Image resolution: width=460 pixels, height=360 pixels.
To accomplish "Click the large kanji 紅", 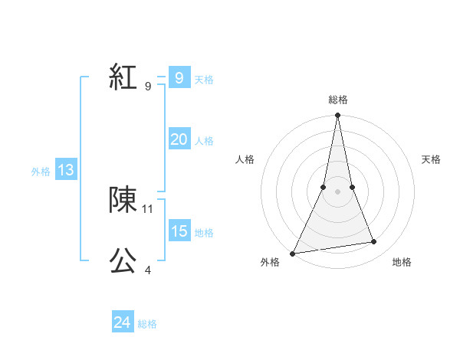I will coord(123,77).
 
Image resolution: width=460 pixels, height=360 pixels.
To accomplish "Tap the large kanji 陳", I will coord(123,200).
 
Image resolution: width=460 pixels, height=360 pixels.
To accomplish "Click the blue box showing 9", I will coord(179,78).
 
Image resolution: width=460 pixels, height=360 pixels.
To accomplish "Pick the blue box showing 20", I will coord(179,139).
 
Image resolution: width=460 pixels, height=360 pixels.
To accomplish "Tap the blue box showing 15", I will coord(179,231).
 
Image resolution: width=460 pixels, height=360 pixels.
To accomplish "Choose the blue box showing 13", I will coord(66,171).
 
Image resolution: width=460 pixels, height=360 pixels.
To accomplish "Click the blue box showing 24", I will coord(122,323).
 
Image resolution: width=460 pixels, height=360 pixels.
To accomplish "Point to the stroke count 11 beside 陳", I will coord(148,208).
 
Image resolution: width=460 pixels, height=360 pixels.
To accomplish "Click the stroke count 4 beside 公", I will coord(148,270).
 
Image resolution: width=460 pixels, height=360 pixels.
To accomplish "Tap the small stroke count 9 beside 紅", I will coord(148,87).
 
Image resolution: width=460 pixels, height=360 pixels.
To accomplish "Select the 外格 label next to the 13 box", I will coord(41,172).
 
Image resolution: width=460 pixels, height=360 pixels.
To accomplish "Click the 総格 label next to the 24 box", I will coord(147,324).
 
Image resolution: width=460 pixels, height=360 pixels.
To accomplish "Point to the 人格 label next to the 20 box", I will coord(204,141).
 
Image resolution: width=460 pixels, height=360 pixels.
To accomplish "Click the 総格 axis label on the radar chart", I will coord(337,100).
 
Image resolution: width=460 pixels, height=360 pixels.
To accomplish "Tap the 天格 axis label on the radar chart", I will coord(432,159).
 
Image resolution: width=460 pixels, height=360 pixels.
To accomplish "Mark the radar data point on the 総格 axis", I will coord(337,116).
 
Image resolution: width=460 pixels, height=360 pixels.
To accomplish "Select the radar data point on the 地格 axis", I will coord(374,242).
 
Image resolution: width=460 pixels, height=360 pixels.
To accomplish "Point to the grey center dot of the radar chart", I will coord(337,191).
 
